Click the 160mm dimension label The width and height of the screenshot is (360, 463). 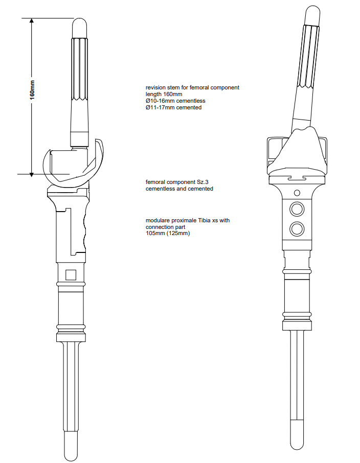pyautogui.click(x=32, y=90)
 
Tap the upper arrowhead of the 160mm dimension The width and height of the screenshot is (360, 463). pyautogui.click(x=32, y=21)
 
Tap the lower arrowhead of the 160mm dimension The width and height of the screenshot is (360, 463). pyautogui.click(x=32, y=174)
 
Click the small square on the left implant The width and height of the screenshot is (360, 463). pyautogui.click(x=71, y=275)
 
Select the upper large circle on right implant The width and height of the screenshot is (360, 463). pyautogui.click(x=297, y=209)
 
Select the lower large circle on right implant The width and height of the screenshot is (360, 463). pyautogui.click(x=297, y=229)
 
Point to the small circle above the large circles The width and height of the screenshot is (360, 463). pyautogui.click(x=297, y=193)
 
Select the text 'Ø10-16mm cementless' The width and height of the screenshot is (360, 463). pyautogui.click(x=175, y=101)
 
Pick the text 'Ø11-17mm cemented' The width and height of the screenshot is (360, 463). pyautogui.click(x=174, y=107)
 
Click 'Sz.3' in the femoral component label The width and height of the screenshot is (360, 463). pyautogui.click(x=203, y=182)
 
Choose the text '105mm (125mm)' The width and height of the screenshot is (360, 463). pyautogui.click(x=168, y=233)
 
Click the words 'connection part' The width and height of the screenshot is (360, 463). pyautogui.click(x=166, y=227)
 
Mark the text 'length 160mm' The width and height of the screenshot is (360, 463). pyautogui.click(x=164, y=94)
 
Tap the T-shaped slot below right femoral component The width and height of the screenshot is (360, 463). pyautogui.click(x=297, y=178)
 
